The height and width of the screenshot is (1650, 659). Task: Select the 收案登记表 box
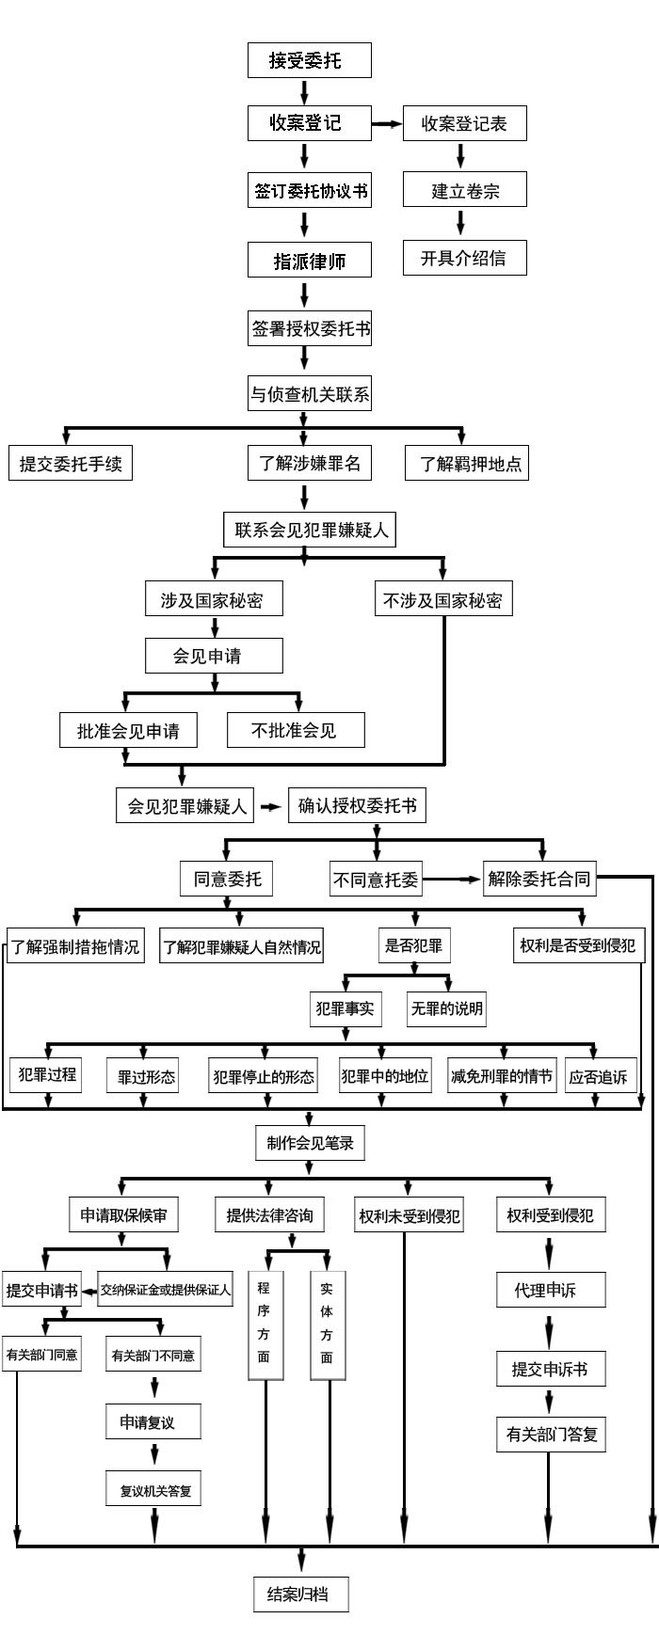(463, 123)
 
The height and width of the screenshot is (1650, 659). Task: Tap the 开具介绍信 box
(463, 258)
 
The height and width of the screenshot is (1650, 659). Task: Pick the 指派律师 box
(309, 261)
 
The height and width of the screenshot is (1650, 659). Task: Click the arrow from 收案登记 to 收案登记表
(386, 123)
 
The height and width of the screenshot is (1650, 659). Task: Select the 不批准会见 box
(294, 730)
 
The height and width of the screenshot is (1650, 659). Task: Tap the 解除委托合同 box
(539, 880)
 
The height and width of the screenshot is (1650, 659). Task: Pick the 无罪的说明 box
(446, 1008)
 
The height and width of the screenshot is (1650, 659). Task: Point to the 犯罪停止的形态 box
(264, 1076)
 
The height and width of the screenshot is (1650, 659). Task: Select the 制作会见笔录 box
(309, 1143)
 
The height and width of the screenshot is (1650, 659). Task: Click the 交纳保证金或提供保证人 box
(166, 1290)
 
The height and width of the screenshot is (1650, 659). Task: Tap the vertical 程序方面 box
(264, 1324)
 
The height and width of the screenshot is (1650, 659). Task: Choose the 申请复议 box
(153, 1422)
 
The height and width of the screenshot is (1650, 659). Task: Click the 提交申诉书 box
(550, 1370)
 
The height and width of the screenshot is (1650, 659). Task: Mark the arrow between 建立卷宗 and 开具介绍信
(461, 223)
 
